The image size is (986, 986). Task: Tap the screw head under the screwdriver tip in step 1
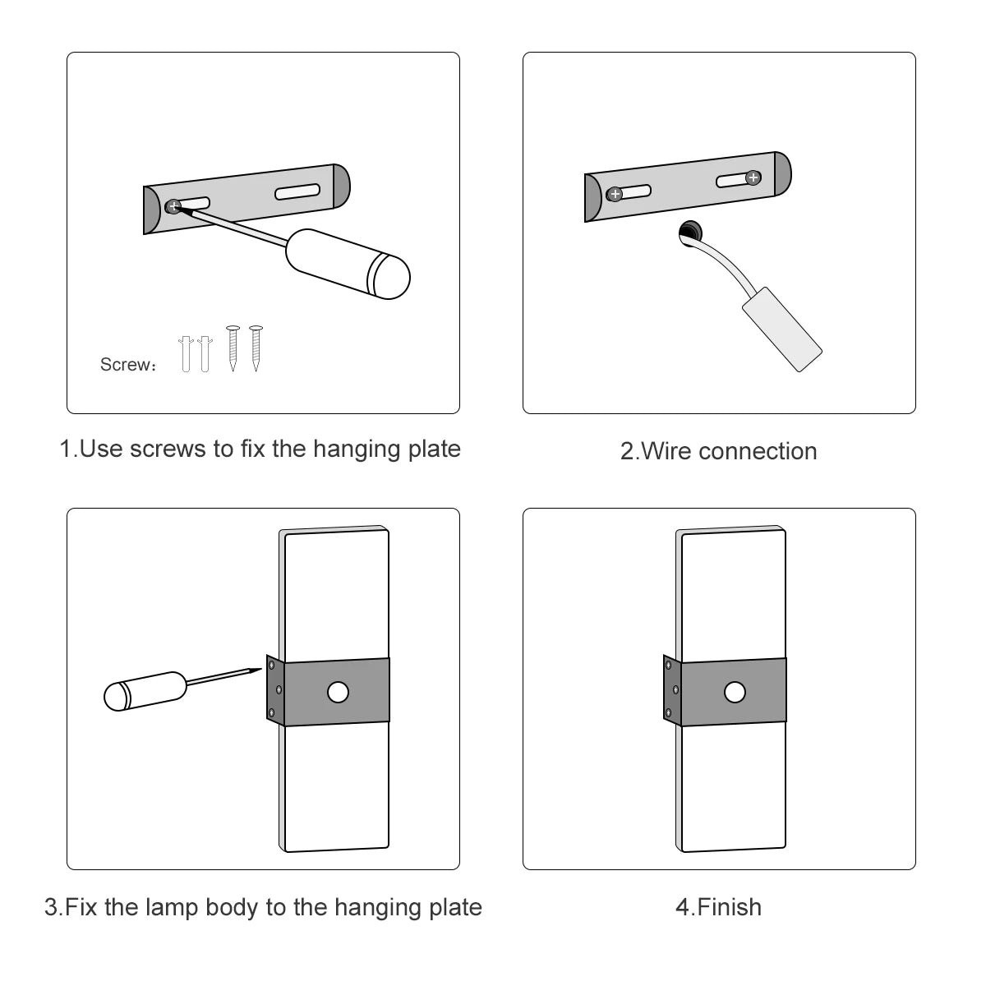coord(173,206)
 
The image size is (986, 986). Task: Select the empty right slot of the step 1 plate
coord(297,191)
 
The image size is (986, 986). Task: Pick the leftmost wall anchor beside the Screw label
coord(186,352)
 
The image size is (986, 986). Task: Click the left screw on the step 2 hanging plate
coord(615,195)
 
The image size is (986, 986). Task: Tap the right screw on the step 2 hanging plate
coord(753,177)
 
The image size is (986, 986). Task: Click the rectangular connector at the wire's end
coord(781,329)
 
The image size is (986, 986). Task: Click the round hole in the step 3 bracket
coord(338,693)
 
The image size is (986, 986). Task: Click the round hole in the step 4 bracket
coord(735,693)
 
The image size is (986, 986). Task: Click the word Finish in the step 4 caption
coord(730,907)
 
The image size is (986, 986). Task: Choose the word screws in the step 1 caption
coord(168,449)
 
